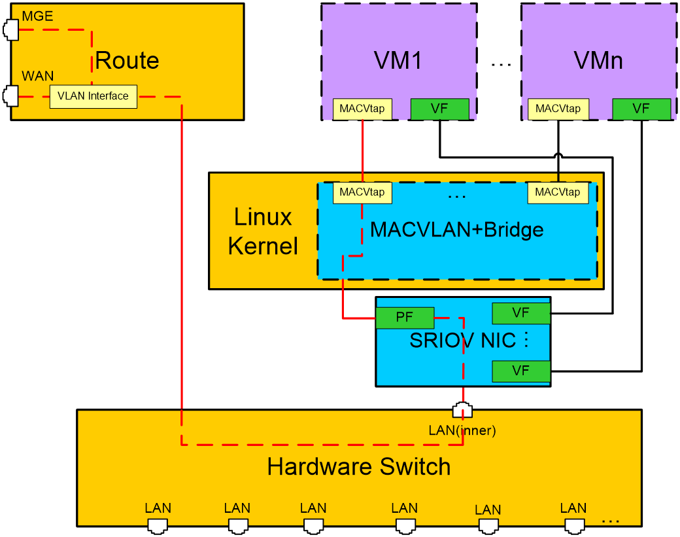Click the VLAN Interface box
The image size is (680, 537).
tap(93, 96)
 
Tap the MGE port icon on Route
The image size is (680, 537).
tap(11, 30)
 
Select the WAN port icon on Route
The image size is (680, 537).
tap(11, 96)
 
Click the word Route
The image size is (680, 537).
tap(127, 60)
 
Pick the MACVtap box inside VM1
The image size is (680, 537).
tap(362, 109)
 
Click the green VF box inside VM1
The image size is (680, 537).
tap(440, 109)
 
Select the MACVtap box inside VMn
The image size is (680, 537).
tap(558, 109)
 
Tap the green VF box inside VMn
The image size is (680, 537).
tap(641, 109)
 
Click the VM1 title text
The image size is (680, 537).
tap(398, 60)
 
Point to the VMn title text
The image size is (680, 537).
tap(598, 60)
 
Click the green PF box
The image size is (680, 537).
tap(405, 318)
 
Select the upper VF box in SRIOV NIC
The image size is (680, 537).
tap(521, 313)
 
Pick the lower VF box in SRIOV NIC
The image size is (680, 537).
tap(521, 371)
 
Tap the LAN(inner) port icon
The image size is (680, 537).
tap(462, 410)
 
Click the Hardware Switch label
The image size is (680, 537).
tap(359, 467)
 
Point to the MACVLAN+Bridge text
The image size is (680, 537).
tap(456, 230)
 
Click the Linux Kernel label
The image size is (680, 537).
tap(263, 232)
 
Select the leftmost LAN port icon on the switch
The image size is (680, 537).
tap(158, 526)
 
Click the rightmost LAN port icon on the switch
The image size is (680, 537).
tap(574, 526)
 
